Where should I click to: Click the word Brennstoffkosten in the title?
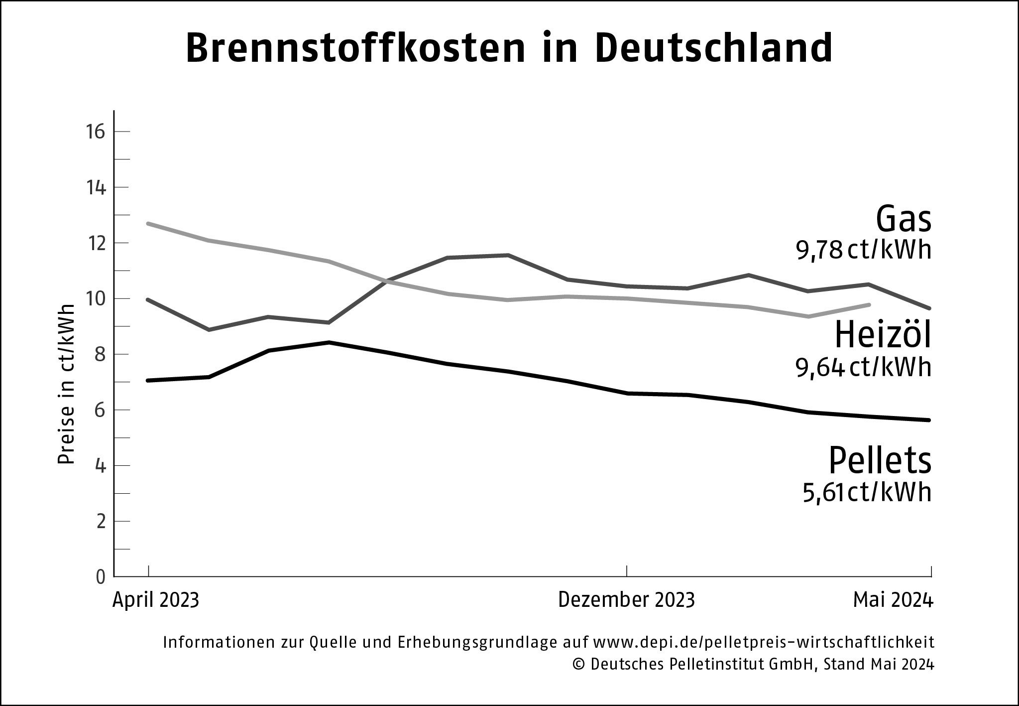click(356, 49)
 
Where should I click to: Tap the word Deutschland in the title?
click(713, 49)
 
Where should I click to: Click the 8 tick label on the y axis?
click(101, 355)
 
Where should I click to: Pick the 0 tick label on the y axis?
click(101, 577)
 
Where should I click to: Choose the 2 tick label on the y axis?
click(101, 522)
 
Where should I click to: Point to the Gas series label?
click(904, 220)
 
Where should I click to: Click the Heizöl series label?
click(883, 335)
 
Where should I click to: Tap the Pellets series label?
click(880, 461)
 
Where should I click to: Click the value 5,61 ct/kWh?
click(867, 493)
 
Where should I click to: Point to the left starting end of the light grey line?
click(149, 223)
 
